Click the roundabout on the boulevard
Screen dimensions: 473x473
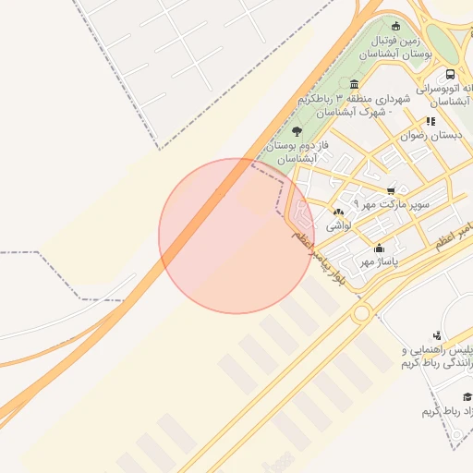point(361,312)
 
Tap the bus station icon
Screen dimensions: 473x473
point(450,74)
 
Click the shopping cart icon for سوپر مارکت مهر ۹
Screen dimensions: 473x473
point(391,191)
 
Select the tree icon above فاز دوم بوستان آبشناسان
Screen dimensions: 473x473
point(296,132)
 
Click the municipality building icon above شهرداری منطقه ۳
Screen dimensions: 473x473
point(355,84)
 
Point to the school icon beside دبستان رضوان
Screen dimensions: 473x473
point(431,121)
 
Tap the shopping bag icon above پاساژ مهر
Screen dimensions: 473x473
point(379,248)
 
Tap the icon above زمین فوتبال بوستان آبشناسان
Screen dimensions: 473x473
point(396,26)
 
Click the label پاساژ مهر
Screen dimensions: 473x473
point(378,262)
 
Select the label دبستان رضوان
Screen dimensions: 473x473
point(431,136)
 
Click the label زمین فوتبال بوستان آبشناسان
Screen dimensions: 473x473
point(396,48)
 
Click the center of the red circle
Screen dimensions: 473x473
point(236,236)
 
